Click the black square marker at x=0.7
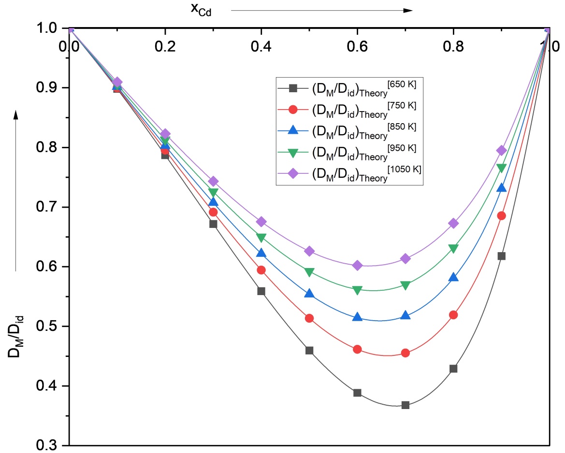tap(406, 405)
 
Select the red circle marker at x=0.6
tap(358, 349)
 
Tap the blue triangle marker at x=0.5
tap(309, 294)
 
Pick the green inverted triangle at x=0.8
tap(453, 248)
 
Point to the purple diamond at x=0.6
tap(358, 266)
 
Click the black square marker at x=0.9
tap(501, 256)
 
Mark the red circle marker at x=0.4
tap(261, 270)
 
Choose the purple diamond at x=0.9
tap(501, 151)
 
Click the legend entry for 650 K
tap(347, 88)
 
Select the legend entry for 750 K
tap(347, 110)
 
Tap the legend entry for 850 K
tap(347, 131)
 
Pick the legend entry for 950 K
tap(347, 152)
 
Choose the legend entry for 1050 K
tap(349, 173)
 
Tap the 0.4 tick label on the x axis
tap(261, 46)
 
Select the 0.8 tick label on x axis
tap(453, 46)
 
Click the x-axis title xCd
tap(201, 9)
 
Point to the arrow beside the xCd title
tap(322, 11)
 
